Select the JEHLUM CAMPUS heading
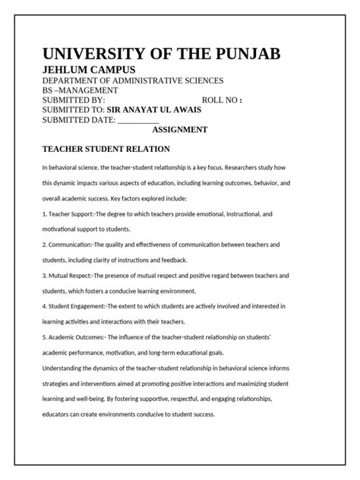point(89,70)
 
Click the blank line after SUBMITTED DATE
point(138,120)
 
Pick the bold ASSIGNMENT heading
point(180,130)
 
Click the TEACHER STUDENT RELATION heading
point(106,149)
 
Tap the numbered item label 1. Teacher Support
point(67,215)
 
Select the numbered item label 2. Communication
point(68,245)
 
